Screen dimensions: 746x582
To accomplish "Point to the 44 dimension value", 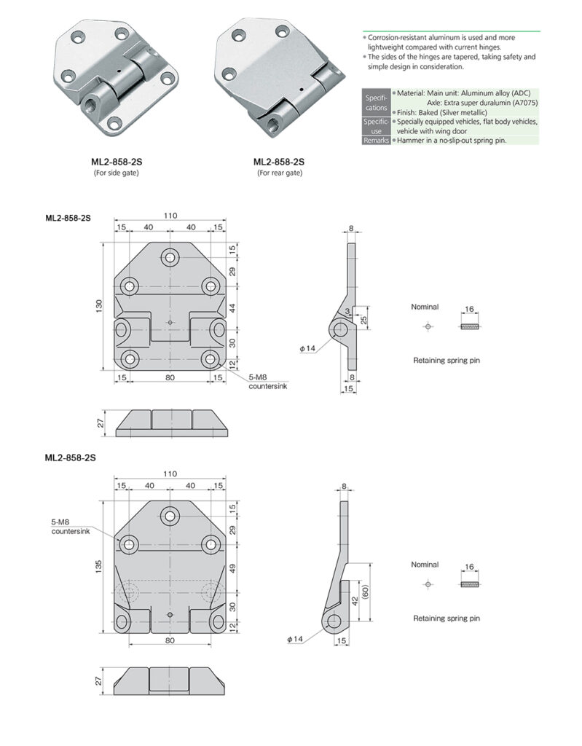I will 232,307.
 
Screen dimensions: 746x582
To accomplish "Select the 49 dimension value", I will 232,568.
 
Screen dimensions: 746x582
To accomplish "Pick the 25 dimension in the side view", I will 364,318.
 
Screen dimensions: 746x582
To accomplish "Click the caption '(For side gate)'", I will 116,173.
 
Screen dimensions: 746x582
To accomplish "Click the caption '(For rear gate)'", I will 279,173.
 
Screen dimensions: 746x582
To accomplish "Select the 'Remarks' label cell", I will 376,140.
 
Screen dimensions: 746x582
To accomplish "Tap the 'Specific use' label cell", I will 376,126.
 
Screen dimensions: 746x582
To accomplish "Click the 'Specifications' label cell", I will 376,102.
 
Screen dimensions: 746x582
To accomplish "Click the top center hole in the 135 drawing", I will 170,516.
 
